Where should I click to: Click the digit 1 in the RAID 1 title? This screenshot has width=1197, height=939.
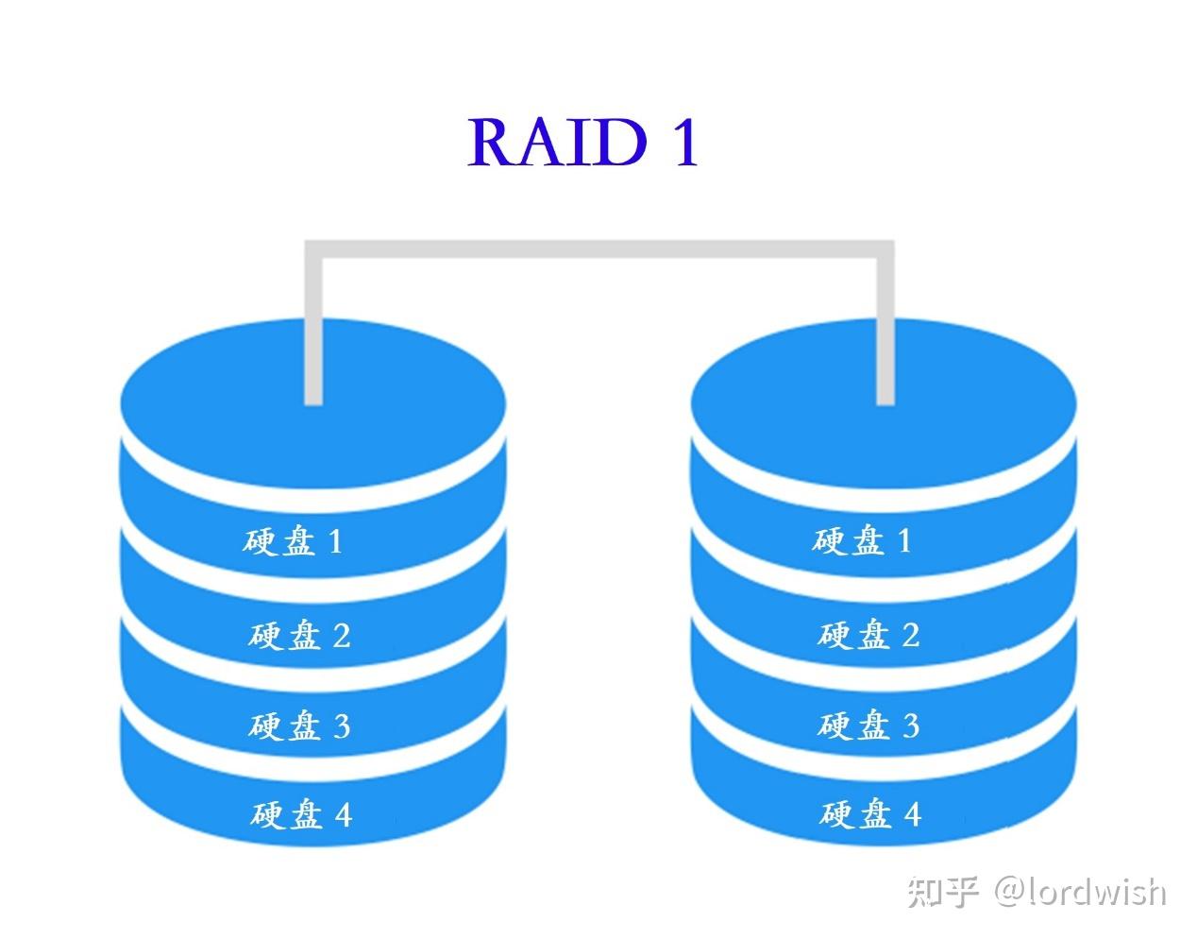(x=684, y=143)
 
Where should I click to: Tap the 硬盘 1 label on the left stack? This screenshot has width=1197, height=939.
(x=293, y=541)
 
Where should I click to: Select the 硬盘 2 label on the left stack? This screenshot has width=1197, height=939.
(x=299, y=635)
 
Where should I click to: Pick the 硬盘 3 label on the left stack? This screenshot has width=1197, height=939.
(x=299, y=726)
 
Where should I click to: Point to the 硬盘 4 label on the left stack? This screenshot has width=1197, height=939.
(x=301, y=813)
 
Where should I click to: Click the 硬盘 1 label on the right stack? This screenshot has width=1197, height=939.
(x=861, y=540)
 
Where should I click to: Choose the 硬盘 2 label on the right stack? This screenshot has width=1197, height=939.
(x=868, y=634)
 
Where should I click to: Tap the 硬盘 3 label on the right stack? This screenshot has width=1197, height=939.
(x=868, y=725)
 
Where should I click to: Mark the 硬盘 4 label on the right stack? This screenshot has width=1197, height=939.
(x=869, y=813)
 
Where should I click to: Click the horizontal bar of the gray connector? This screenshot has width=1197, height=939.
(x=598, y=249)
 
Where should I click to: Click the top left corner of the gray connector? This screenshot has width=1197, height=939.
(x=313, y=249)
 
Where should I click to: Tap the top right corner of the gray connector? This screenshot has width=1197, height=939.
(x=885, y=249)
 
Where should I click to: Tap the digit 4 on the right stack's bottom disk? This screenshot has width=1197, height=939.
(x=911, y=813)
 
